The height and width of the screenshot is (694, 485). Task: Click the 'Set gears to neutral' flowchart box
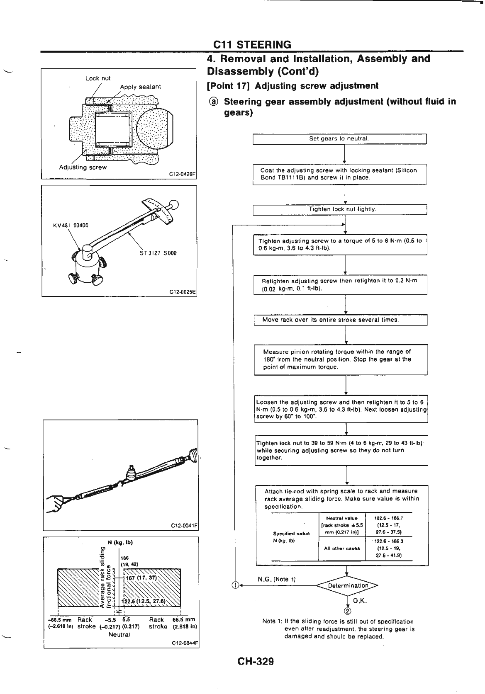click(340, 138)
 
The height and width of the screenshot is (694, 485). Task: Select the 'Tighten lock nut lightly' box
click(340, 210)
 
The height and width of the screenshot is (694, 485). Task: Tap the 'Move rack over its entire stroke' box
click(340, 320)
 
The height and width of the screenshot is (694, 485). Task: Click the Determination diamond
click(348, 586)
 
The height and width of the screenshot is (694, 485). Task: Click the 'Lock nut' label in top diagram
click(98, 78)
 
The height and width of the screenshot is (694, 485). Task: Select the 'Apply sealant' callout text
click(140, 87)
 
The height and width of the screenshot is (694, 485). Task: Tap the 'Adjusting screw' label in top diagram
click(83, 167)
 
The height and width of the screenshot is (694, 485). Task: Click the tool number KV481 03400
click(71, 226)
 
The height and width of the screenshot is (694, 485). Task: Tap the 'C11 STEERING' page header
click(252, 44)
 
